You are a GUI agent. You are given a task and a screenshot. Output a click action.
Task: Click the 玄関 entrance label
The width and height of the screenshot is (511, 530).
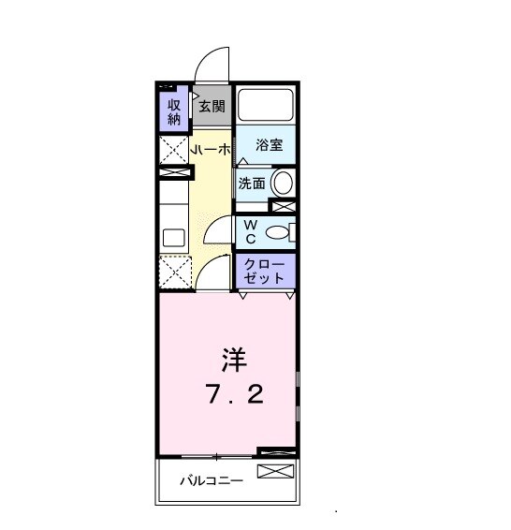pos(212,107)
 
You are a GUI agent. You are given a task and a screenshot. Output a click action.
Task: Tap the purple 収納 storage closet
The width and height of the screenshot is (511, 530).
pos(174,110)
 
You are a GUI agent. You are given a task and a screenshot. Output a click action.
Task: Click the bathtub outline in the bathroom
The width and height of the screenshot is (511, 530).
pos(265,105)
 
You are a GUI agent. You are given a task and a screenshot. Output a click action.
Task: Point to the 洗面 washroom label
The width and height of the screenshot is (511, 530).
pos(251,184)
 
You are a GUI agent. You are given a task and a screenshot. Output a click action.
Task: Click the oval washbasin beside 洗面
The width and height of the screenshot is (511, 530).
pos(283,183)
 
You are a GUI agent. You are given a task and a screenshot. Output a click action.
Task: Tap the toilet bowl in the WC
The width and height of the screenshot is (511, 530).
pos(277,232)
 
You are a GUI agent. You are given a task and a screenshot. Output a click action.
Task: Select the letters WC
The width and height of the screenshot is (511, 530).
pos(251,231)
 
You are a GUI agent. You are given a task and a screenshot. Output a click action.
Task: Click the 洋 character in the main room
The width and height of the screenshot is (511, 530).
pos(234,359)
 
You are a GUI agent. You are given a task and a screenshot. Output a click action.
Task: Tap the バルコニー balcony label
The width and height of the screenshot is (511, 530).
pos(212,481)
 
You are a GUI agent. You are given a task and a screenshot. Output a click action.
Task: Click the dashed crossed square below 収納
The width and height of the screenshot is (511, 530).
pos(173,150)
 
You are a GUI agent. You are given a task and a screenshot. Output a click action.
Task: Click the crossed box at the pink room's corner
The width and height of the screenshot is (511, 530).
pos(276,453)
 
